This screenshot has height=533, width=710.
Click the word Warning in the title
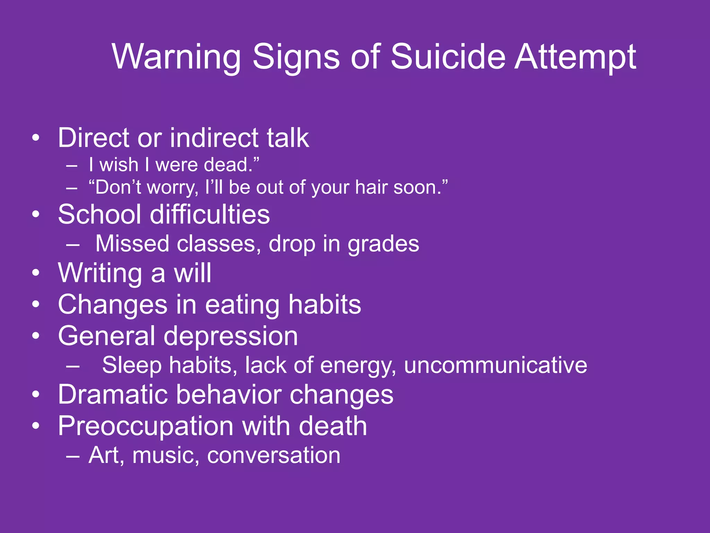tap(176, 57)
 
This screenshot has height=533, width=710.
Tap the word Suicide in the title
tap(448, 57)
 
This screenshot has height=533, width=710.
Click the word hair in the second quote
tap(371, 187)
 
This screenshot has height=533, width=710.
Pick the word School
tap(99, 214)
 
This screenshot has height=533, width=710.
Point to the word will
tap(193, 273)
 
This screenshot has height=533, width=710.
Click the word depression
tap(231, 336)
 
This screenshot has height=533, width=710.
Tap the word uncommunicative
tap(495, 365)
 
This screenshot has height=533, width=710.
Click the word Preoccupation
tap(146, 426)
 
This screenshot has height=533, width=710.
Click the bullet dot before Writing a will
tap(36, 273)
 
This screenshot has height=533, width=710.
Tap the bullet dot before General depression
tap(36, 336)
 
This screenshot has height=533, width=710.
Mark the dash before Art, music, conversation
tap(72, 456)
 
